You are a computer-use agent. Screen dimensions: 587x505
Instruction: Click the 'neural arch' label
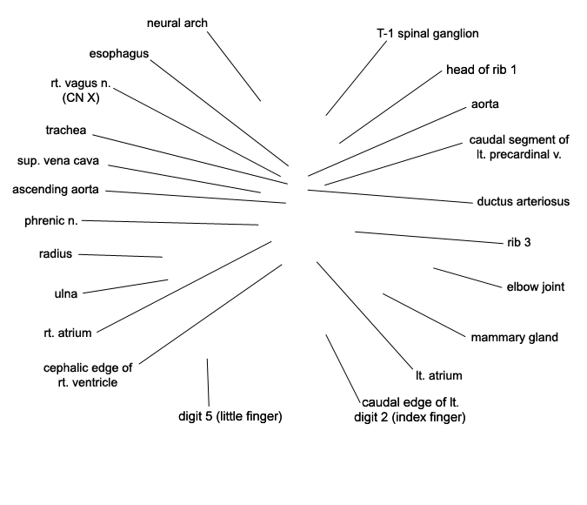tap(177, 24)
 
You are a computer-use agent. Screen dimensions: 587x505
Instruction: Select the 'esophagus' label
tap(119, 54)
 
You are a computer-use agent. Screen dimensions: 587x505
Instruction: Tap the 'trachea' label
tap(66, 130)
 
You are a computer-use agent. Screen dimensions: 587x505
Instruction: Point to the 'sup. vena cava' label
tap(58, 161)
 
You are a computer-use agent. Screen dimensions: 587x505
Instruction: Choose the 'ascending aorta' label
tap(56, 190)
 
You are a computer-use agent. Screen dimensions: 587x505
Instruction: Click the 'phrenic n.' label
tap(51, 221)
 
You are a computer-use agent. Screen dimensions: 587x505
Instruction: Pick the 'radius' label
tap(56, 254)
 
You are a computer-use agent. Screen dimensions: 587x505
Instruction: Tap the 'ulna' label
tap(66, 293)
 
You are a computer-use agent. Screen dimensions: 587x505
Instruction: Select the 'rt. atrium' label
tap(68, 333)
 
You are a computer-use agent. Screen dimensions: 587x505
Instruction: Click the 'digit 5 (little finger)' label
tap(230, 416)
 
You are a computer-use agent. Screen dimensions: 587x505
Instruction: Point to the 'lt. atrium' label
tap(439, 375)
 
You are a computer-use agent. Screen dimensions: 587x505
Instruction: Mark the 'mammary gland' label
tap(514, 338)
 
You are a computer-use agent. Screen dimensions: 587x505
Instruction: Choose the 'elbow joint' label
tap(536, 287)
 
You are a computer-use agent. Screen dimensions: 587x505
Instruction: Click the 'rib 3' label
tap(519, 243)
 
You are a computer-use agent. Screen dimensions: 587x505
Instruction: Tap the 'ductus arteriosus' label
tap(524, 202)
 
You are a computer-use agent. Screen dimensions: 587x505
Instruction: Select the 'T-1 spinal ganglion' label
tap(428, 34)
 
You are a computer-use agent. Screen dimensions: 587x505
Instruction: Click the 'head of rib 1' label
tap(482, 70)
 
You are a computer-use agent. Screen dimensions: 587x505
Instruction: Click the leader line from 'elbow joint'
tap(468, 278)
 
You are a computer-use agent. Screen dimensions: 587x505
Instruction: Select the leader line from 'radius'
tap(121, 256)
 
